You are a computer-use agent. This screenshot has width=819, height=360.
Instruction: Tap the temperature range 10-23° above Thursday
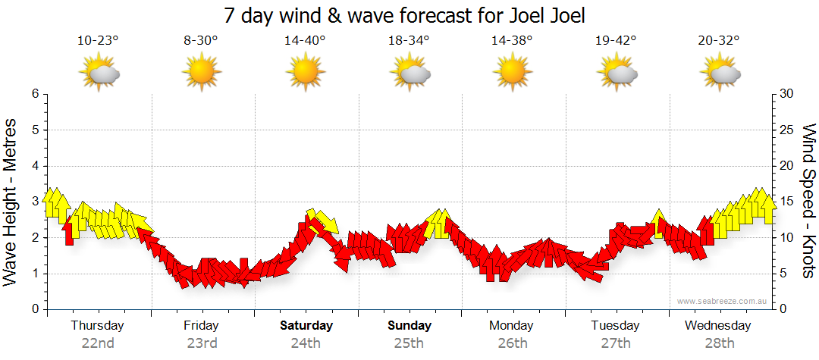pyautogui.click(x=98, y=41)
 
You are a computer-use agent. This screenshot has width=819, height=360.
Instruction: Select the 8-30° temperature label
pyautogui.click(x=201, y=41)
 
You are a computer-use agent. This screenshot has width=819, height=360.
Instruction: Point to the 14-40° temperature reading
pyautogui.click(x=305, y=41)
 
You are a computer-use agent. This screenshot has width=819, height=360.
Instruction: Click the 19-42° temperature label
pyautogui.click(x=616, y=41)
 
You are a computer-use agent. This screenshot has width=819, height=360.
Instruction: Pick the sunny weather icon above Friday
pyautogui.click(x=201, y=73)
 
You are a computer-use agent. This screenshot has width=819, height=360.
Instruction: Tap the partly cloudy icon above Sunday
pyautogui.click(x=409, y=73)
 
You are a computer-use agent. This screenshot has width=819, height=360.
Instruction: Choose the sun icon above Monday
pyautogui.click(x=513, y=73)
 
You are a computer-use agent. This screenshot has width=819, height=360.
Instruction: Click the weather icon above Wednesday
pyautogui.click(x=720, y=73)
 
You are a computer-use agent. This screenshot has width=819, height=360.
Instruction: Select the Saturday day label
pyautogui.click(x=306, y=326)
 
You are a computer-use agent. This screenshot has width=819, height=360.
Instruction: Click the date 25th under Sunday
pyautogui.click(x=409, y=343)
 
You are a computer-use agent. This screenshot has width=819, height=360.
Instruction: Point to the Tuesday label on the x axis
pyautogui.click(x=616, y=326)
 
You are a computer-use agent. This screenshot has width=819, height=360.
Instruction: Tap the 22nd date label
pyautogui.click(x=98, y=343)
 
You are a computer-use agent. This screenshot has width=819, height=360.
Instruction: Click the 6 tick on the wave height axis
pyautogui.click(x=35, y=94)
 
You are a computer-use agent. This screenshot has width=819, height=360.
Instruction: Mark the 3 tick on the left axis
pyautogui.click(x=35, y=202)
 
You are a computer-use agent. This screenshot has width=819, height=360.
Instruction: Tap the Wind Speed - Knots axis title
pyautogui.click(x=808, y=202)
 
